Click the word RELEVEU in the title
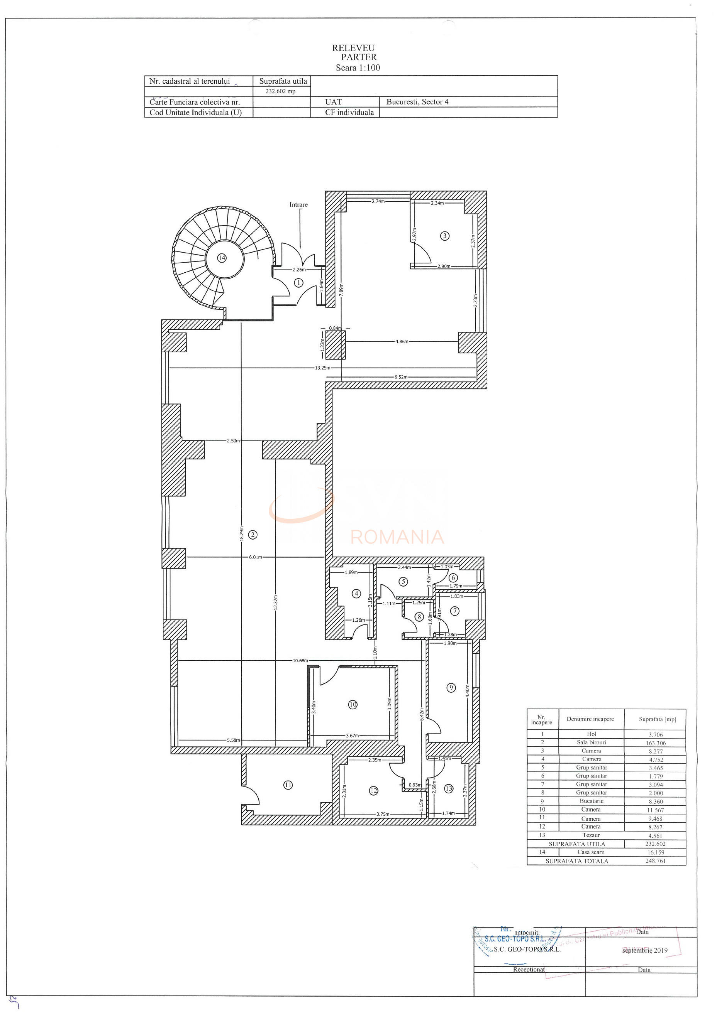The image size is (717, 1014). point(353,48)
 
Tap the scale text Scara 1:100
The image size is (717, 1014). point(358,67)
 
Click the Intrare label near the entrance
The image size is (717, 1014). point(298,204)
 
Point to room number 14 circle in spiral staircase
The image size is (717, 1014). point(222,258)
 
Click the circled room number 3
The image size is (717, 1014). point(445,236)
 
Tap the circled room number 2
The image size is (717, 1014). point(253,535)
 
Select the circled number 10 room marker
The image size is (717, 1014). point(353,704)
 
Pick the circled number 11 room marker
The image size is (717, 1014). point(288,785)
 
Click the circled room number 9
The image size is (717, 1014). point(451,688)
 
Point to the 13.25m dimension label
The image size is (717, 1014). point(322,368)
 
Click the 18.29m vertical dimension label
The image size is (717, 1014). point(241,533)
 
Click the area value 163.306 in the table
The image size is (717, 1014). point(656,743)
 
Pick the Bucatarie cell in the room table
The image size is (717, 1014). point(591,801)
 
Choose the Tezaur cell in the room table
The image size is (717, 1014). point(591,835)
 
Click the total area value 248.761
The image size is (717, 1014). point(655,861)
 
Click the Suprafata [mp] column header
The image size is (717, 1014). point(657,719)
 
